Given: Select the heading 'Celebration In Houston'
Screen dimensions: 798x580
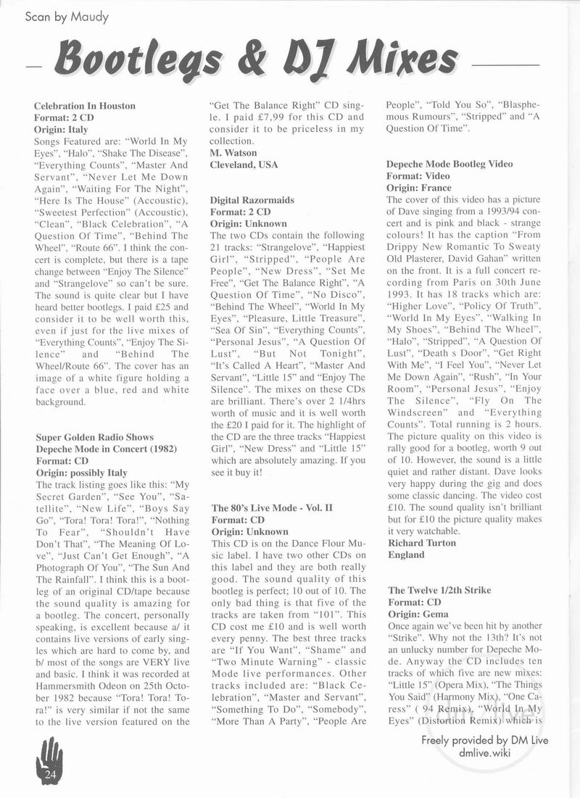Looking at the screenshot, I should click(85, 106).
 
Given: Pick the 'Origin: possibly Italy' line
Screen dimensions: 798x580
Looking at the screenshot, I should click(82, 472).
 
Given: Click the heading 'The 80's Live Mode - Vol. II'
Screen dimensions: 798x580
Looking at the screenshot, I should click(271, 507).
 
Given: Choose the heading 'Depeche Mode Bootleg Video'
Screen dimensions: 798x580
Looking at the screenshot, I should click(449, 164).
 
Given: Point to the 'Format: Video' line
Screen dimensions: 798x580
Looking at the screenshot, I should click(418, 176).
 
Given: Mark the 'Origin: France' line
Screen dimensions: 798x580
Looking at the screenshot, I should click(419, 188).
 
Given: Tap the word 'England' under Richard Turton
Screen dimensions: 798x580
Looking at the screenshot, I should click(406, 554).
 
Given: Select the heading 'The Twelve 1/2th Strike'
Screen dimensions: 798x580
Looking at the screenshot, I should click(439, 590).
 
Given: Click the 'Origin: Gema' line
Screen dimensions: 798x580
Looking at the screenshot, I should click(418, 614).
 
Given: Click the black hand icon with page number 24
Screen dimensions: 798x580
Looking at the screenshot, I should click(50, 762).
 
